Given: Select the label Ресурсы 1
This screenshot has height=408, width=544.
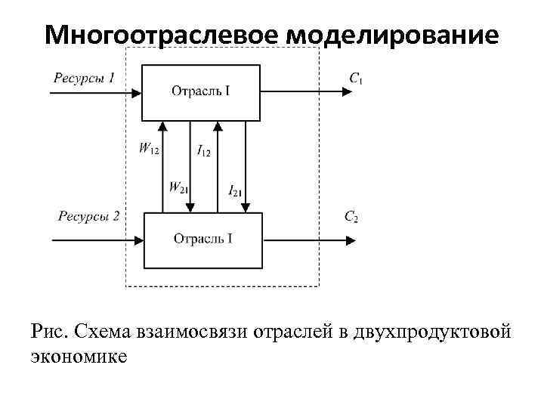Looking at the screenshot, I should click(84, 77).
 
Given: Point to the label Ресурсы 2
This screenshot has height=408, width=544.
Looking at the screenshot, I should click(88, 217).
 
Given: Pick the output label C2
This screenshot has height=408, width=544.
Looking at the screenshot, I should click(351, 218).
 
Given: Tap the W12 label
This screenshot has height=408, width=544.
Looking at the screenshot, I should click(149, 149).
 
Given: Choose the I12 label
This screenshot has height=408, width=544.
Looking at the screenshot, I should click(204, 151).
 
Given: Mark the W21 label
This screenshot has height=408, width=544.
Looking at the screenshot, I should click(178, 187).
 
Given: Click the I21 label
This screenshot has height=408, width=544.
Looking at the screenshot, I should click(235, 190).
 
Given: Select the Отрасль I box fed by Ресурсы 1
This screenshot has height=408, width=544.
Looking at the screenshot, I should click(201, 92).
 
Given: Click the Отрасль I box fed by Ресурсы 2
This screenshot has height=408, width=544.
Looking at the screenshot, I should click(203, 240).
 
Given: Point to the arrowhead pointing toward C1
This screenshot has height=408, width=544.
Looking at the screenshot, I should click(348, 92).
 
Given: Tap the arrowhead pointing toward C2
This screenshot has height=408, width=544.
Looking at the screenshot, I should click(350, 240).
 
